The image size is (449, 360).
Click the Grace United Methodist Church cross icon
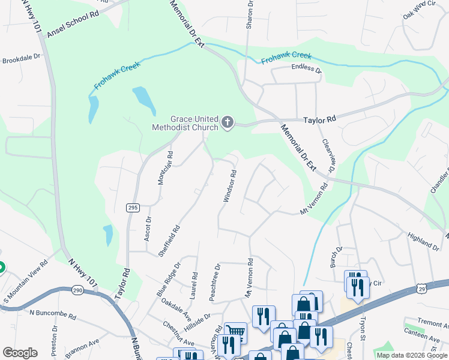[x=227, y=122]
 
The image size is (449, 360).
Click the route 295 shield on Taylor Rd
[x=133, y=208]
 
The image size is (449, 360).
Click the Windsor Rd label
[x=230, y=185]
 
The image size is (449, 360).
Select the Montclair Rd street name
[x=165, y=167]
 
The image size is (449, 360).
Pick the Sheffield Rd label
[x=169, y=241]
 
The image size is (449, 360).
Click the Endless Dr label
[x=306, y=68]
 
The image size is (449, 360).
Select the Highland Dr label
[x=423, y=242]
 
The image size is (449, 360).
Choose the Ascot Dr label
[x=148, y=229]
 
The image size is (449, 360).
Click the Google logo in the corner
[x=20, y=353]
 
